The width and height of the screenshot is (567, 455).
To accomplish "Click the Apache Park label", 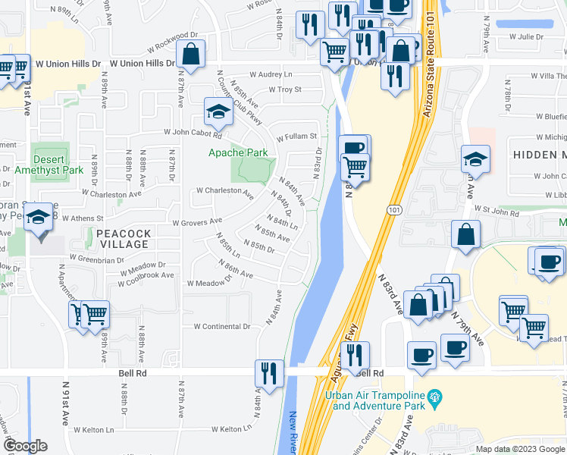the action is (239, 152).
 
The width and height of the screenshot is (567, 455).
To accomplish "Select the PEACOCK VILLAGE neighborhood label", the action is (120, 239).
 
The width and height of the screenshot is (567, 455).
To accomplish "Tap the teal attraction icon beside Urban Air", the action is (434, 396).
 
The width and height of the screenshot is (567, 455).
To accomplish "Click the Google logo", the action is (26, 446).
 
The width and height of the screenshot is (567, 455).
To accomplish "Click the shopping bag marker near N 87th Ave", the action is (190, 55).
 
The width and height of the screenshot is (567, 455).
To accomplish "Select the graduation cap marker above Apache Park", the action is (218, 113).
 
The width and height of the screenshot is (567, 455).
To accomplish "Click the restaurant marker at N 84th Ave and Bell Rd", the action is (270, 373).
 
